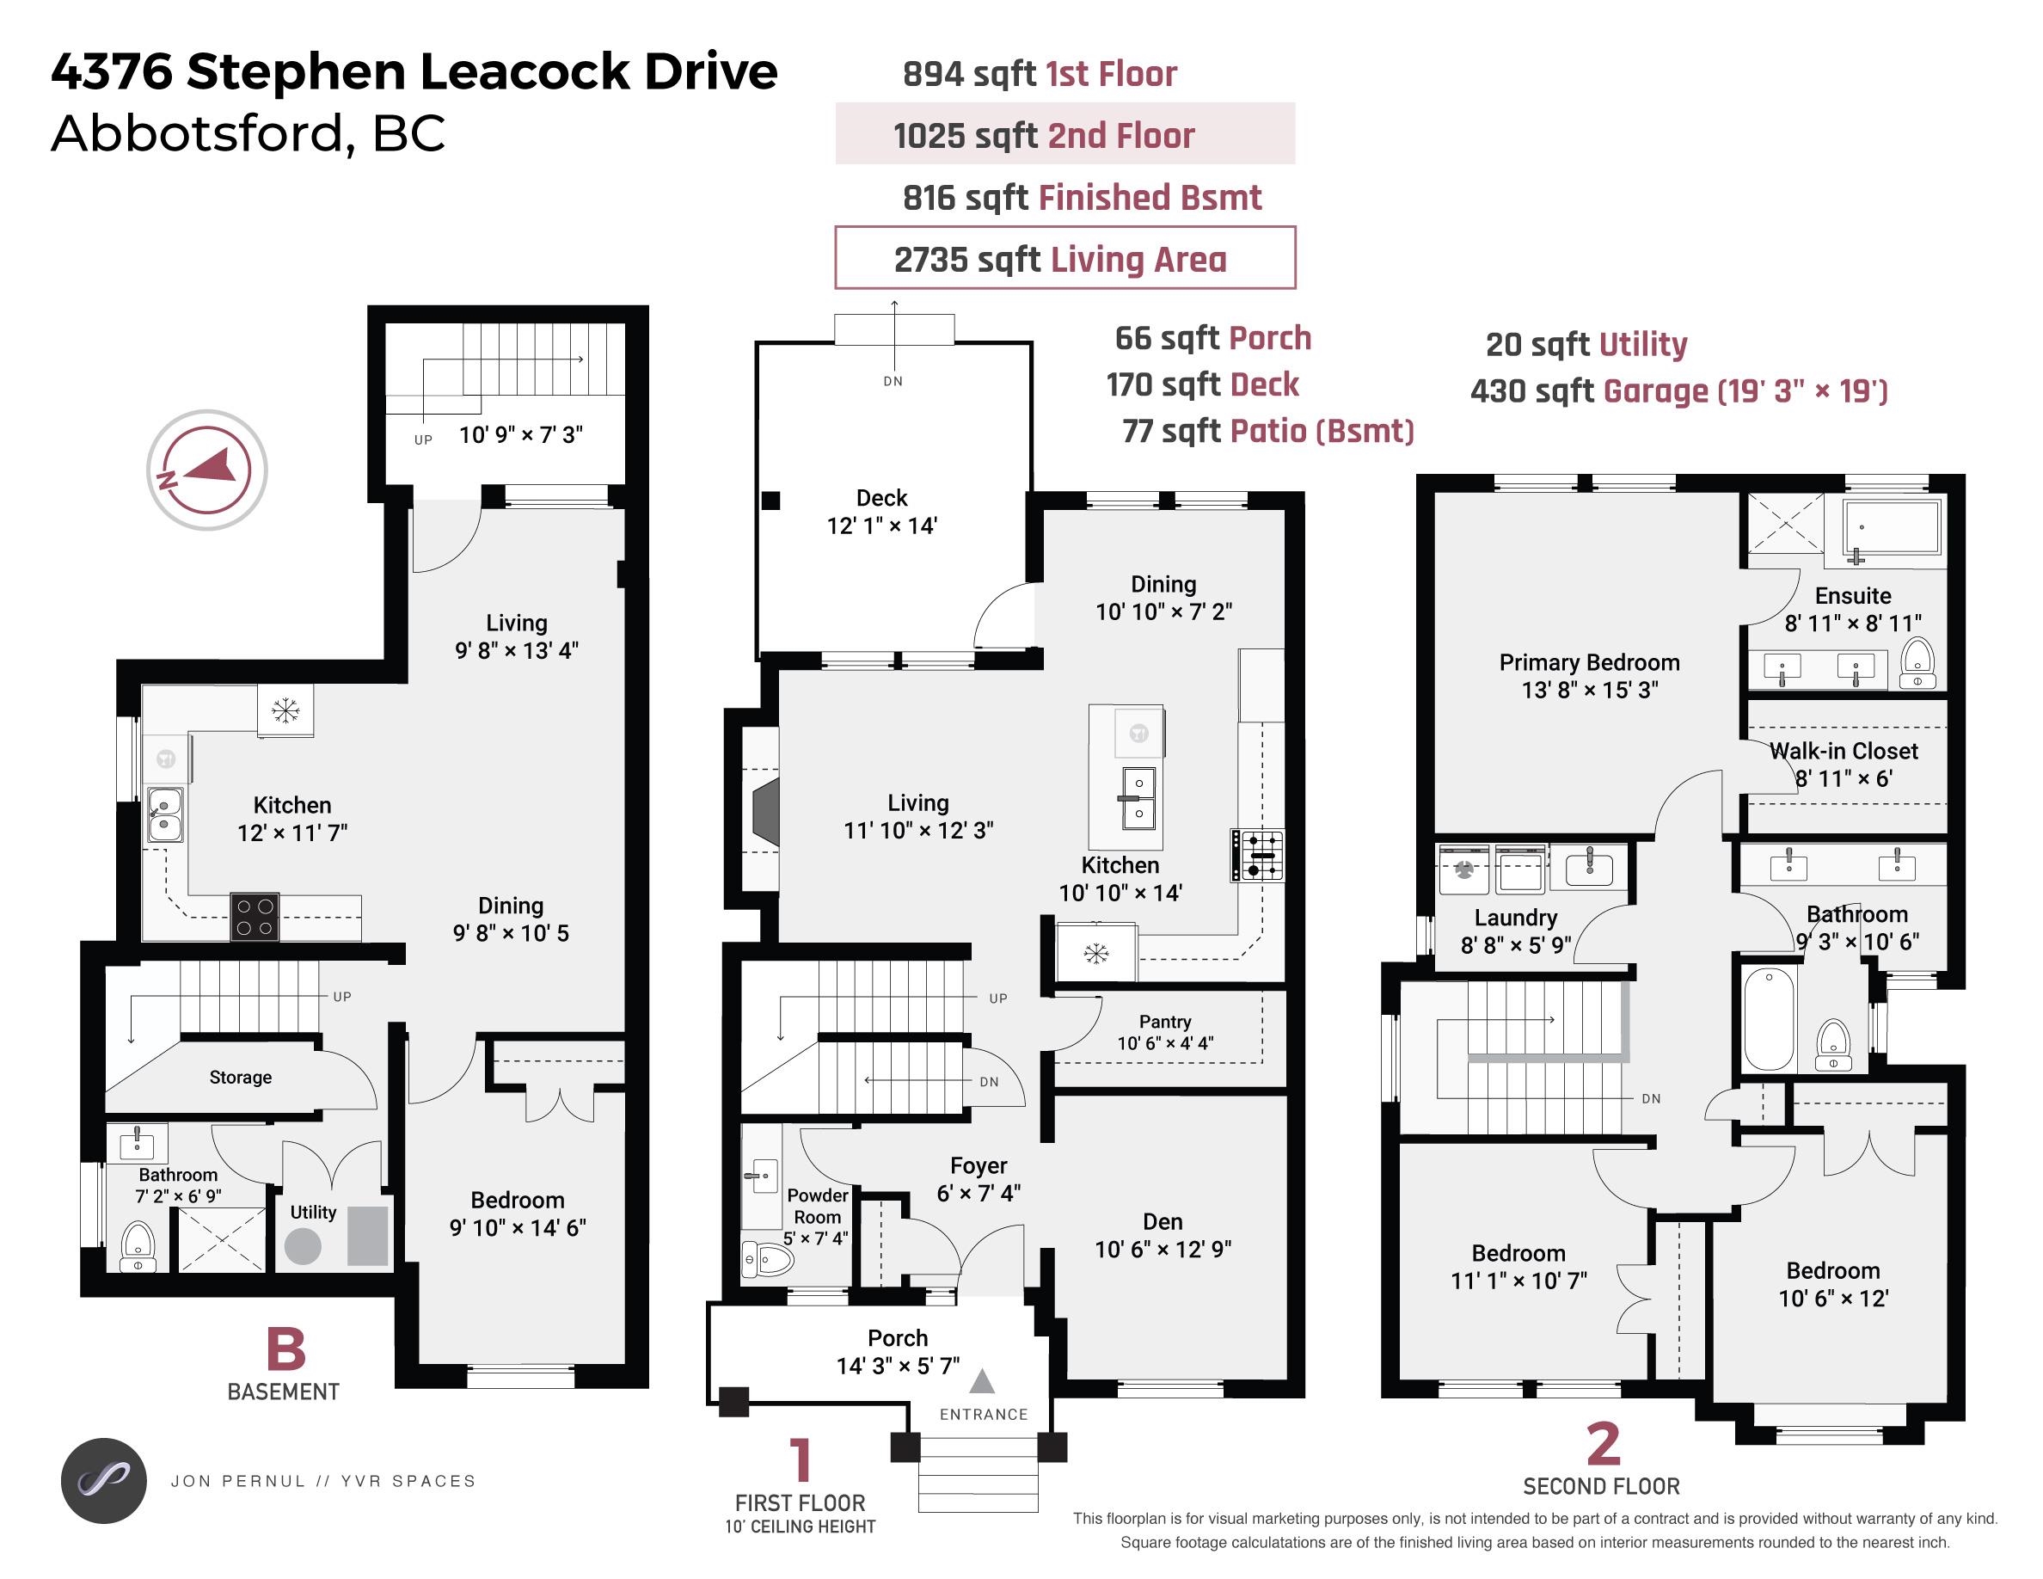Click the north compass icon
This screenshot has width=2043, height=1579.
tap(206, 470)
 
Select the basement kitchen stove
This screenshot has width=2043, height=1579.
tap(255, 917)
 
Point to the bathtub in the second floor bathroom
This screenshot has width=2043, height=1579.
tap(1769, 1017)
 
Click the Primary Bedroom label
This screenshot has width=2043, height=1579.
tap(1589, 663)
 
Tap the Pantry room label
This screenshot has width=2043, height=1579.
tap(1164, 1022)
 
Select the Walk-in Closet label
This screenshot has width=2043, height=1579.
tap(1843, 751)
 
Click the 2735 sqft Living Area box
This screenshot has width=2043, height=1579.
tap(1064, 258)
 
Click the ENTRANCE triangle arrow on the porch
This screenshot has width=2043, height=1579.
tap(981, 1380)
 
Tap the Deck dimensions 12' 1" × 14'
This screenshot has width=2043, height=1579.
tap(882, 525)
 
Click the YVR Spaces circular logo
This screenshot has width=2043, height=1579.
tap(104, 1481)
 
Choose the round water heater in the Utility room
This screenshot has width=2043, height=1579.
tap(303, 1247)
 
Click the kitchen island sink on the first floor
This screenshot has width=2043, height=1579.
tap(1138, 798)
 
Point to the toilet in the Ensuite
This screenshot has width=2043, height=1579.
tap(1917, 665)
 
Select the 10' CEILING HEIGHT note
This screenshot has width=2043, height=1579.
tap(800, 1527)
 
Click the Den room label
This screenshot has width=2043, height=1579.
tap(1163, 1222)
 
